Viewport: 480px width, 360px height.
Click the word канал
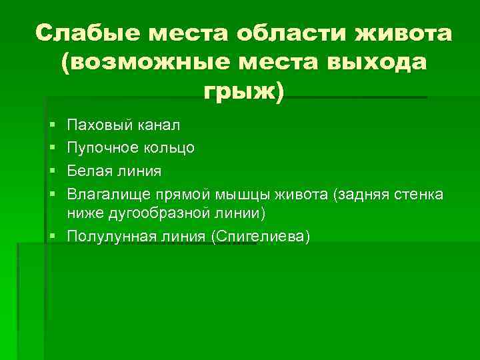[156, 125]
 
